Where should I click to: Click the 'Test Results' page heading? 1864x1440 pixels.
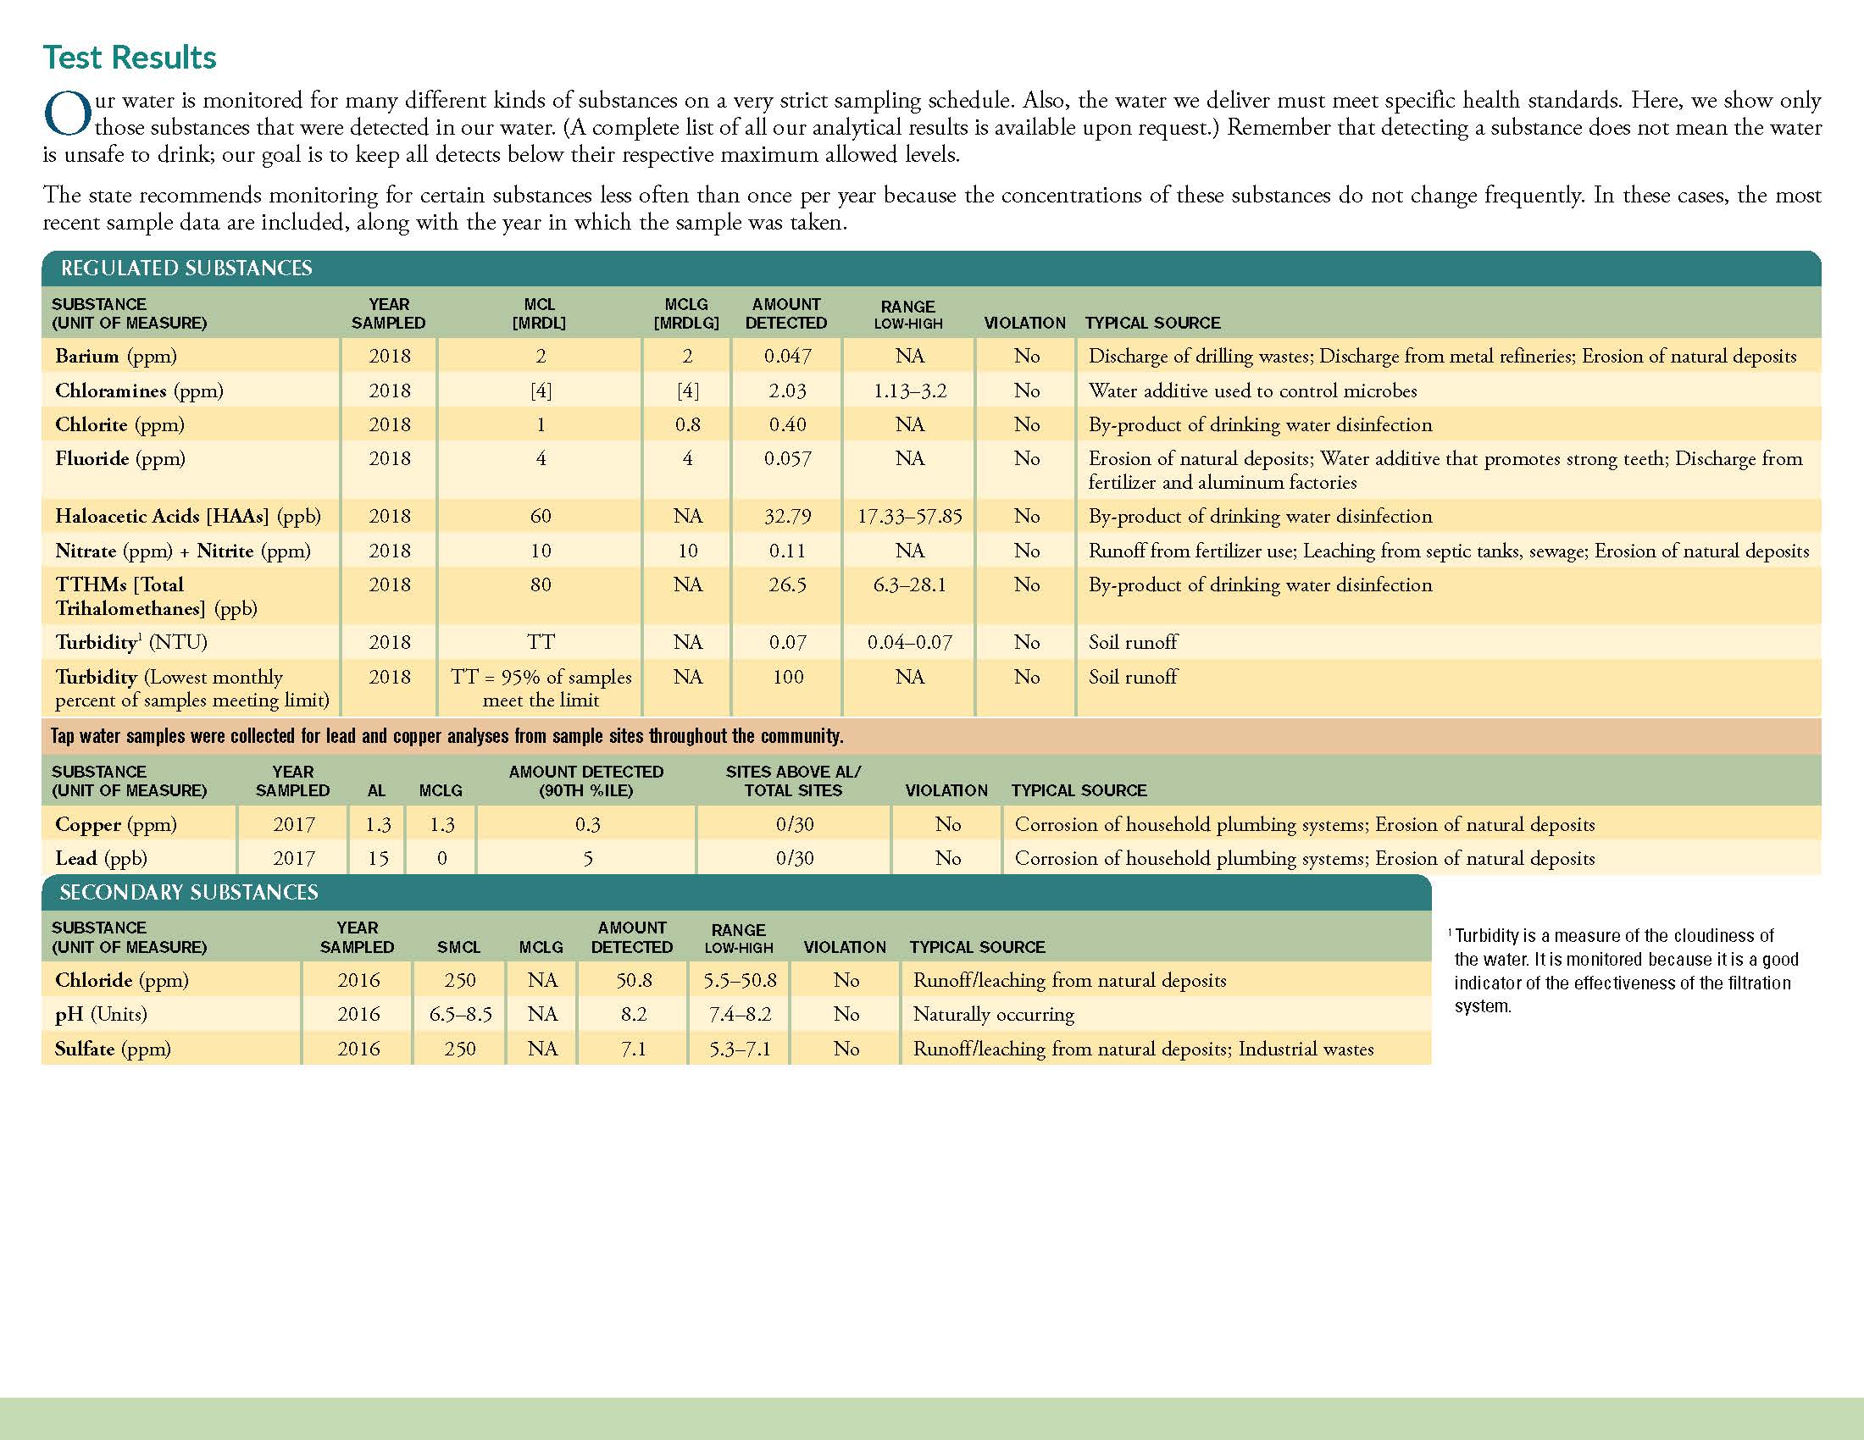(x=130, y=58)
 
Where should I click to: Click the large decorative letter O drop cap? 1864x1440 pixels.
(x=68, y=114)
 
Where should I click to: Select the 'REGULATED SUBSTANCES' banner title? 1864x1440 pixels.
(x=186, y=269)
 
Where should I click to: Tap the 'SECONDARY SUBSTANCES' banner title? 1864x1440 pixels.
(x=189, y=892)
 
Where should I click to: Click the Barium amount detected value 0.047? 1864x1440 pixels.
(x=787, y=357)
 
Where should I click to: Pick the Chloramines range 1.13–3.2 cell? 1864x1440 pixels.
(x=910, y=390)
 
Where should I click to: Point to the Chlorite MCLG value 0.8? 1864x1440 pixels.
(x=687, y=425)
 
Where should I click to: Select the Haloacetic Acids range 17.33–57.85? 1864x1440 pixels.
(x=910, y=516)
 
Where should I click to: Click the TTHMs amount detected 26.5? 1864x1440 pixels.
(x=787, y=585)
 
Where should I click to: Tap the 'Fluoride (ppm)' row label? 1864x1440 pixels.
(x=120, y=459)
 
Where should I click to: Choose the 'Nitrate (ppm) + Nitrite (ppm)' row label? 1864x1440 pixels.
(x=183, y=551)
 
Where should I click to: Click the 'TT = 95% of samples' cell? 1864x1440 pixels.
(x=541, y=678)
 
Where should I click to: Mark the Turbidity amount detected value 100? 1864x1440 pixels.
(x=788, y=678)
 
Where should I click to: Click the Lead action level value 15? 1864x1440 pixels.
(x=377, y=858)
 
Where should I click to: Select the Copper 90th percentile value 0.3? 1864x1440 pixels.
(x=587, y=824)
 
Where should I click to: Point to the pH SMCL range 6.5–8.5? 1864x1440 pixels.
(x=460, y=1014)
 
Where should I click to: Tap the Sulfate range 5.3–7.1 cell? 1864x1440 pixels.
(x=740, y=1049)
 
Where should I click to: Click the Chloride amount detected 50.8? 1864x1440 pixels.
(x=633, y=980)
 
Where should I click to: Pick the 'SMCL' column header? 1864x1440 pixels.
(x=459, y=947)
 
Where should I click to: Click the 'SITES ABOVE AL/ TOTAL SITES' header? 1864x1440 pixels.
(x=794, y=781)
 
